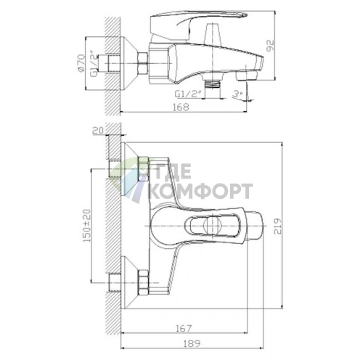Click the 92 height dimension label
pos(271,45)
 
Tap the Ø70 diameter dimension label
pos(81,63)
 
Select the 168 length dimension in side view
pos(181,107)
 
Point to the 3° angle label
pos(237,94)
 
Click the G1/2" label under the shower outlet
pos(188,94)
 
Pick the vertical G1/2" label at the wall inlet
pos(94,64)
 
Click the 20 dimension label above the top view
pos(98,130)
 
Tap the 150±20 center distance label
pos(87,226)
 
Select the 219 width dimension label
pos(278,226)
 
